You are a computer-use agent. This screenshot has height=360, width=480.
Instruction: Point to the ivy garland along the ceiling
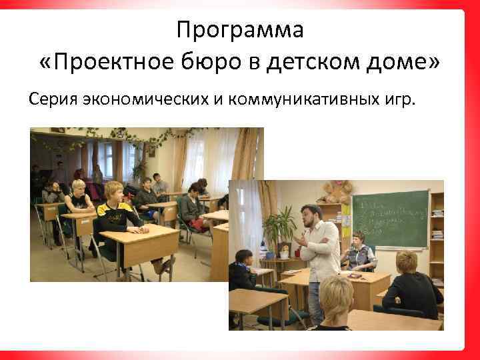pos(133,137)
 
